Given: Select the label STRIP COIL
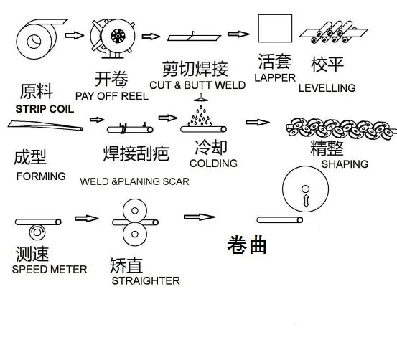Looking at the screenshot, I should (44, 108).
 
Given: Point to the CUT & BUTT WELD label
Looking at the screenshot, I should (197, 85).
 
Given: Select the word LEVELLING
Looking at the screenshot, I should (327, 88).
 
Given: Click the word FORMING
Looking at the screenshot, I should (40, 176).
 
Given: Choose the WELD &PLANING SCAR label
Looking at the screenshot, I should (134, 181).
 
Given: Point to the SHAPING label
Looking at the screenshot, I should (345, 164).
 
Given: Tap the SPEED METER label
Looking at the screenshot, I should (50, 269).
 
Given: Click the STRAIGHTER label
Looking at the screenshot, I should (146, 280).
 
